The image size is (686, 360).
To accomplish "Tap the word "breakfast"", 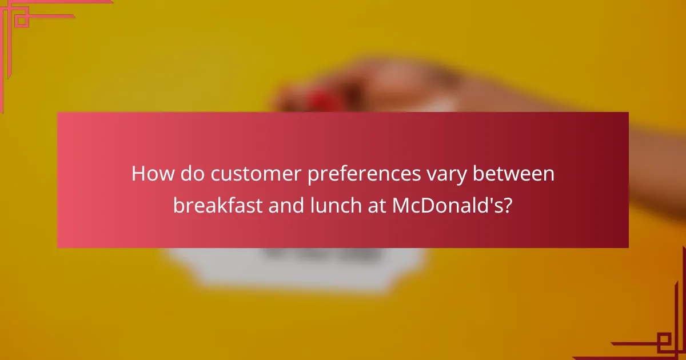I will point(217,205).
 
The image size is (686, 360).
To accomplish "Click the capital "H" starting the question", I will point(138,173).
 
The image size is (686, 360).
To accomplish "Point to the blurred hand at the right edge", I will point(657,171).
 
